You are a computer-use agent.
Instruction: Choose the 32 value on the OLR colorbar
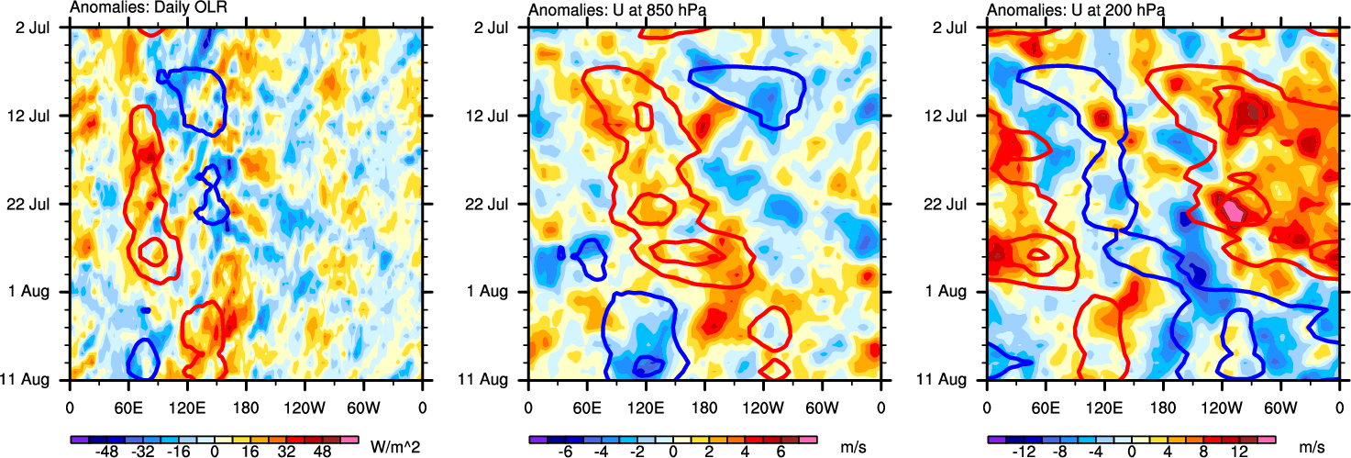pos(295,452)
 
